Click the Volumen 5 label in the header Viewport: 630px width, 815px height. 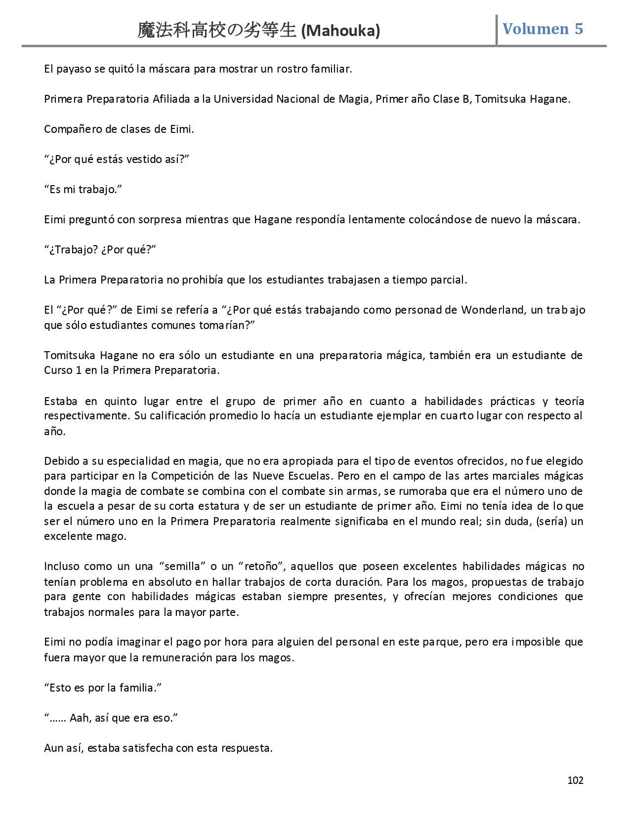[x=543, y=29]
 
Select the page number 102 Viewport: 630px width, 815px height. [x=575, y=780]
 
